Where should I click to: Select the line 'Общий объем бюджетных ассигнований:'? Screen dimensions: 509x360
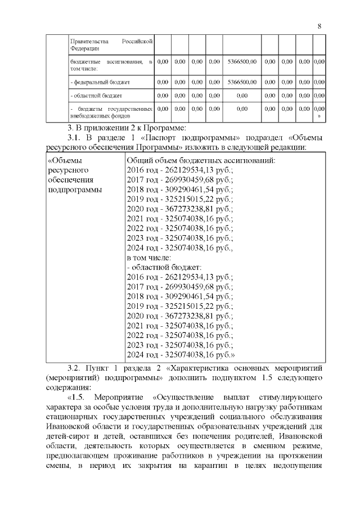[201, 160]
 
